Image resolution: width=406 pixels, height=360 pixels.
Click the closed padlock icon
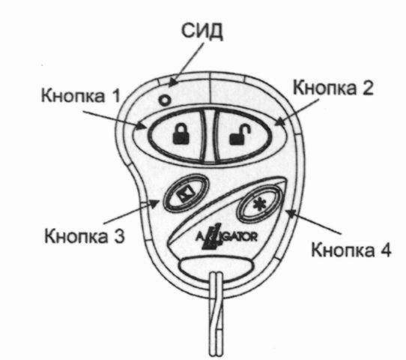pos(181,133)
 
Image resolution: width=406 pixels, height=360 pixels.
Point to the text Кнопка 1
pos(81,95)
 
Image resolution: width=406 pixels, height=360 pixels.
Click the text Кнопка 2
pos(333,87)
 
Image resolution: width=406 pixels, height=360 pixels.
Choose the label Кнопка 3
pos(84,235)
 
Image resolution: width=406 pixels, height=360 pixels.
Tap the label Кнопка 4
pos(351,250)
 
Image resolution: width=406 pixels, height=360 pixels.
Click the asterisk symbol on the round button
pos(258,204)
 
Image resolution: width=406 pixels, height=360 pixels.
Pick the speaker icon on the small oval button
pos(185,193)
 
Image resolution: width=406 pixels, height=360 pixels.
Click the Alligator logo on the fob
pos(225,236)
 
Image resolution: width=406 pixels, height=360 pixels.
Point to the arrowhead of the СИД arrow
pos(173,82)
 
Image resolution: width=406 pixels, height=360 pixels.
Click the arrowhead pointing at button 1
pos(142,126)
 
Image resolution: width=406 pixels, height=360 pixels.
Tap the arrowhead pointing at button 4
pos(291,214)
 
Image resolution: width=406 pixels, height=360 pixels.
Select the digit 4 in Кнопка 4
pos(385,250)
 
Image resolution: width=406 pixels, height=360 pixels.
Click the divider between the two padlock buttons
pos(208,136)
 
